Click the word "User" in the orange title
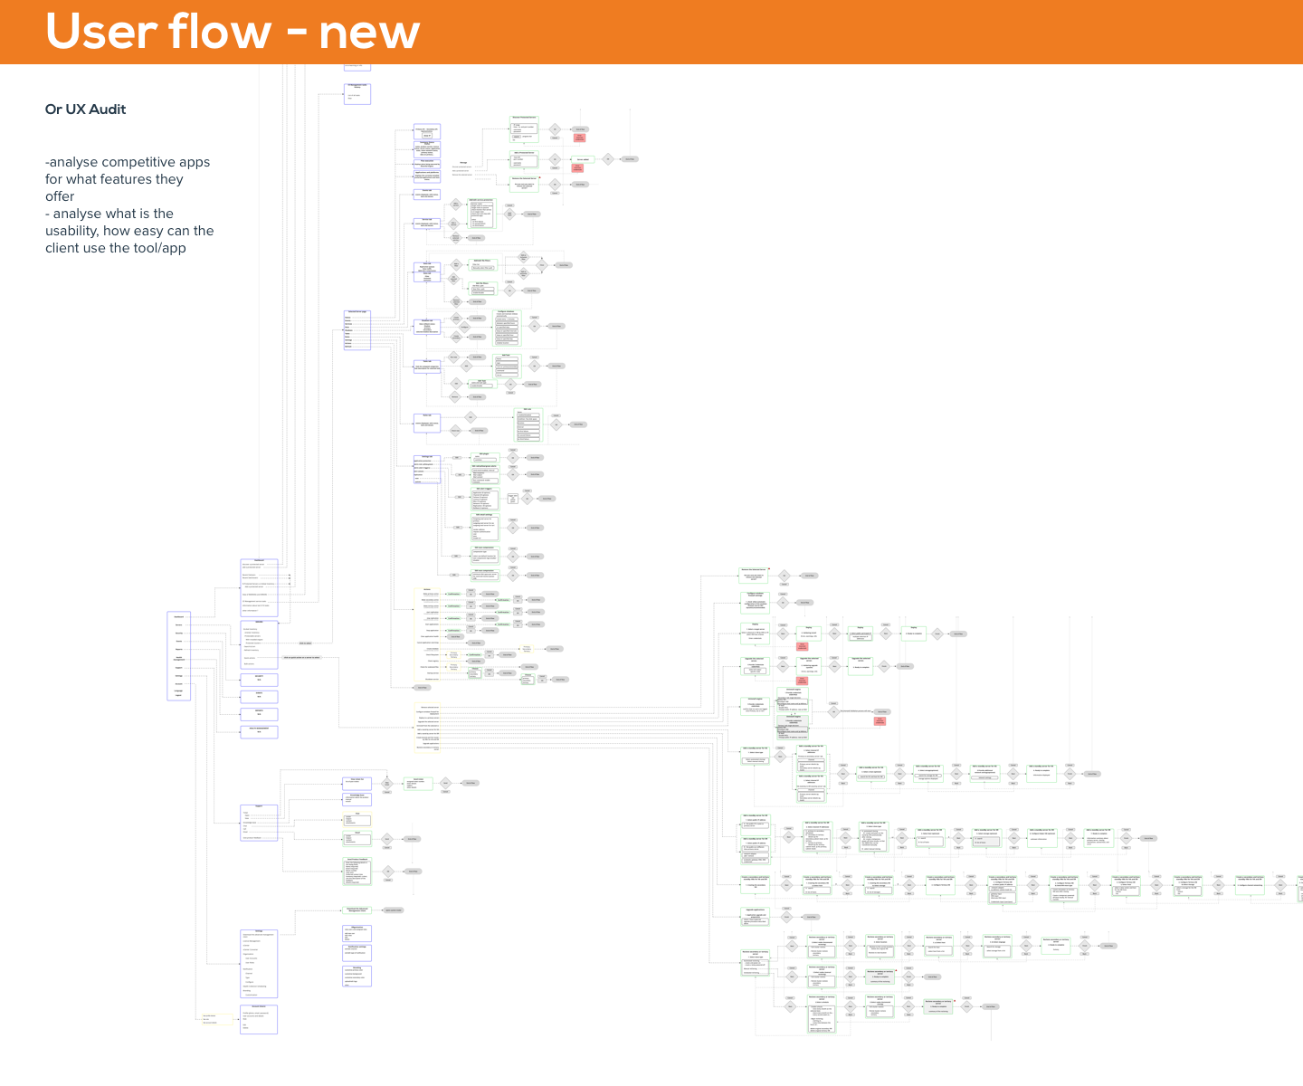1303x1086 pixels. [x=99, y=32]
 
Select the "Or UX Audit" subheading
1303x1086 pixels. [x=85, y=110]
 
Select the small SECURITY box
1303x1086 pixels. [x=259, y=679]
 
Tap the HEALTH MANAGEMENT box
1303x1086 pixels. [x=259, y=731]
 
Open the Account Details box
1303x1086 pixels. [x=259, y=1019]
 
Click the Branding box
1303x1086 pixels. [x=357, y=975]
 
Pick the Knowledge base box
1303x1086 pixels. [x=357, y=798]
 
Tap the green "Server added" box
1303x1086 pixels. [x=583, y=159]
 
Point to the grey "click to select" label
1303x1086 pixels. [x=305, y=643]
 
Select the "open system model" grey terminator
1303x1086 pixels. [x=393, y=910]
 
